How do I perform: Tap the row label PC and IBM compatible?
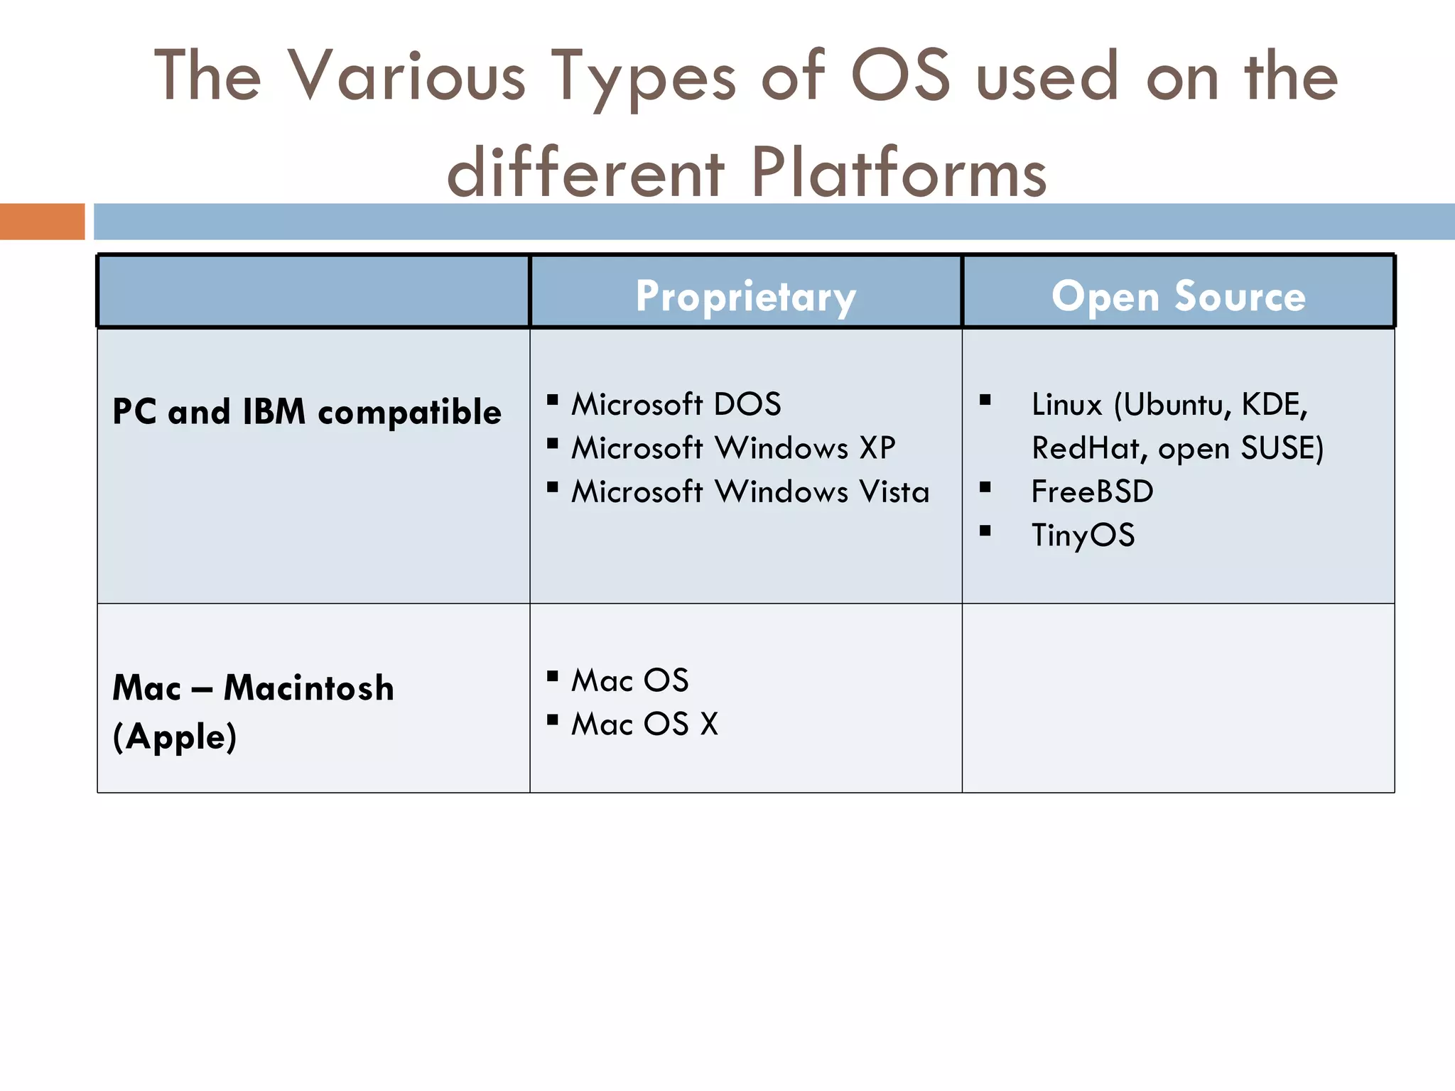[307, 412]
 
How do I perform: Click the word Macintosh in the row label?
[308, 688]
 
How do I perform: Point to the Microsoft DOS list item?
[676, 404]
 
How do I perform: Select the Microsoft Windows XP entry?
[733, 448]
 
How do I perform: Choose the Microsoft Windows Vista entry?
[750, 492]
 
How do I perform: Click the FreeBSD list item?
[1092, 492]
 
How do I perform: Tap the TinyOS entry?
[1083, 535]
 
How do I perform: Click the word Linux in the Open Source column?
[1066, 405]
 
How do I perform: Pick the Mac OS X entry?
[644, 724]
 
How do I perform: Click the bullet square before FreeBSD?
[985, 487]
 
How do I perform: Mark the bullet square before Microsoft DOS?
[553, 400]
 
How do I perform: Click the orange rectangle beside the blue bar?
[42, 222]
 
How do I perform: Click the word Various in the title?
[406, 75]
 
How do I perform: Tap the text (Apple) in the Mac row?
[175, 737]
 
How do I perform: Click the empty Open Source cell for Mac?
[1178, 698]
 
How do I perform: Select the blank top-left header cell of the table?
[313, 292]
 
